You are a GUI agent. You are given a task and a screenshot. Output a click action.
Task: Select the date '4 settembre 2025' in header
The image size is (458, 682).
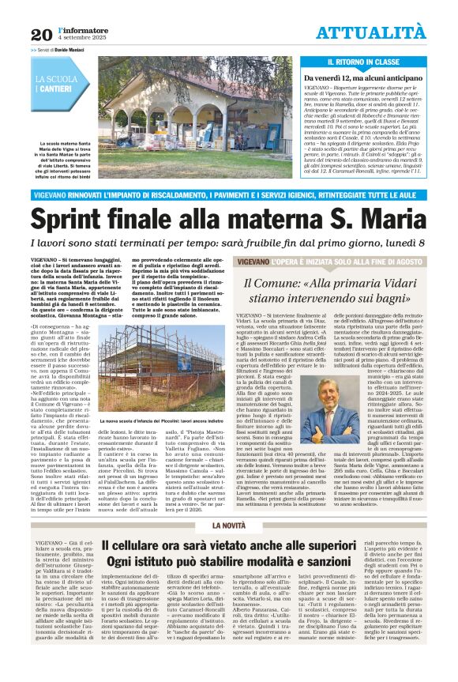pos(81,39)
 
